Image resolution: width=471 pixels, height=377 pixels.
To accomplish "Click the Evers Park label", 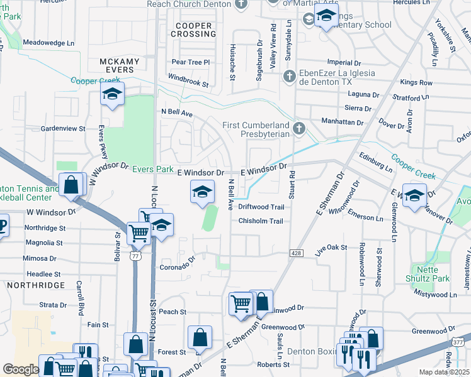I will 152,170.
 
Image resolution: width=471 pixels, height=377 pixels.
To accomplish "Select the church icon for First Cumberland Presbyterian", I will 300,128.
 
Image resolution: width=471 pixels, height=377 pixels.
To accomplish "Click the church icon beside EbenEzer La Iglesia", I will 289,77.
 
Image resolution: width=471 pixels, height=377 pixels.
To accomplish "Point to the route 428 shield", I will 297,253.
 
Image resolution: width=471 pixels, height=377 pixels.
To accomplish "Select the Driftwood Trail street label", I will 261,207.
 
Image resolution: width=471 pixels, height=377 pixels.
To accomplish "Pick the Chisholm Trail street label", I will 261,221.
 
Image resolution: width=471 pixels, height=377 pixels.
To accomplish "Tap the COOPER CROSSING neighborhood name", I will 194,30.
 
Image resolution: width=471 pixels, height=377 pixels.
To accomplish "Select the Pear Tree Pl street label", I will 190,62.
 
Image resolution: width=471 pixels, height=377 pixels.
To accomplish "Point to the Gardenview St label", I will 62,128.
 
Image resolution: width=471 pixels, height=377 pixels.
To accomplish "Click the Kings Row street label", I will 416,83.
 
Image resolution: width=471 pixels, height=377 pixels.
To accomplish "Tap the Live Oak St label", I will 331,249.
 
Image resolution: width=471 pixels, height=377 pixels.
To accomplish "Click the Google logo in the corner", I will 21,369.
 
